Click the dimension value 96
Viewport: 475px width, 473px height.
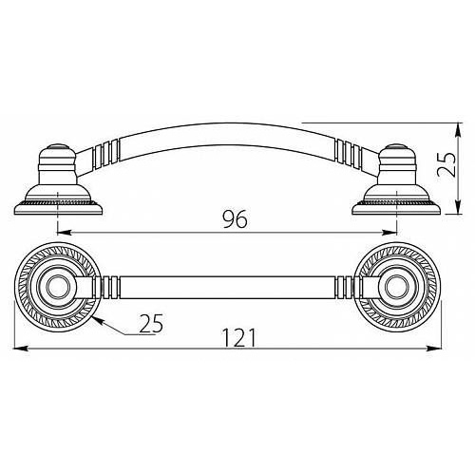click(235, 219)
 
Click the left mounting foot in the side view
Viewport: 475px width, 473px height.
click(59, 181)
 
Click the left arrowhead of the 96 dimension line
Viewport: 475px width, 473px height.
click(64, 232)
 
